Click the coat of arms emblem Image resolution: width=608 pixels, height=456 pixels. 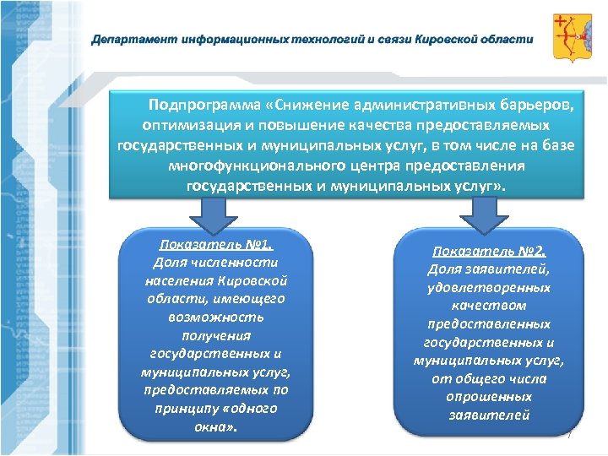click(x=571, y=37)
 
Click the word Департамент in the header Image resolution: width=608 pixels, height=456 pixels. click(x=127, y=39)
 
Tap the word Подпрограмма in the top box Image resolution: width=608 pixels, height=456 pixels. click(x=203, y=106)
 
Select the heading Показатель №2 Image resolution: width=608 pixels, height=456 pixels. click(x=489, y=251)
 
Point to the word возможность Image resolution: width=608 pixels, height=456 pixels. click(x=216, y=318)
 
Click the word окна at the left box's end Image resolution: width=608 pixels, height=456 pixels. click(x=214, y=426)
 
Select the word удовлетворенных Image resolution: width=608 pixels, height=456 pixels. click(x=489, y=288)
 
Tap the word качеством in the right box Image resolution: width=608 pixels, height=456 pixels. click(x=489, y=306)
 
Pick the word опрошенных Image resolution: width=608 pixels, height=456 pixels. click(x=489, y=397)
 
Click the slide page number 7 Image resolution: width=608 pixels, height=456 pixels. click(x=569, y=434)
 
